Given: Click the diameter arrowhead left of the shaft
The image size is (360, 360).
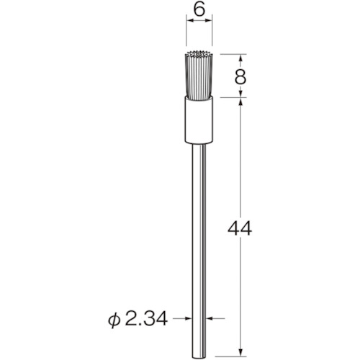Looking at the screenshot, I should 188,316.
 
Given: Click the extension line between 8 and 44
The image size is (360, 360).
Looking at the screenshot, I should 230,99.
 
